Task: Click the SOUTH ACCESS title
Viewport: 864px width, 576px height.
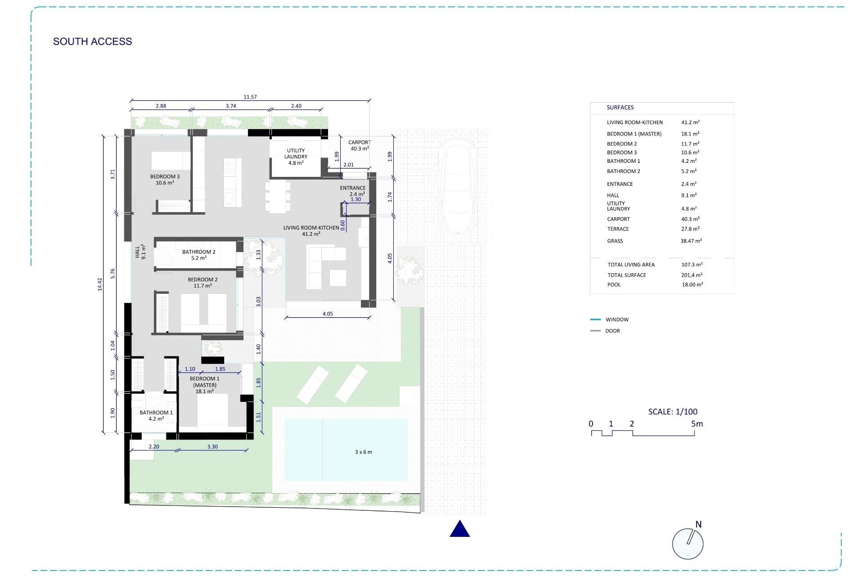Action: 92,41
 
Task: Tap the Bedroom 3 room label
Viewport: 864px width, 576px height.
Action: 165,180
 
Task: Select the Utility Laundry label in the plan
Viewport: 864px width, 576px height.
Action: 296,157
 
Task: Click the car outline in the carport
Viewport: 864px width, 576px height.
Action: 457,185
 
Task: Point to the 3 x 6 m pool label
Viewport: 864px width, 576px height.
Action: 363,452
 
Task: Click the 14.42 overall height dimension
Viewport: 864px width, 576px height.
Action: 100,284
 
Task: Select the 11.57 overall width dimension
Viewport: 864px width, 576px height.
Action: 250,97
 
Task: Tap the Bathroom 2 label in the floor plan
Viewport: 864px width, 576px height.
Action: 198,255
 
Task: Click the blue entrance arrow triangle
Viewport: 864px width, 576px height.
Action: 459,529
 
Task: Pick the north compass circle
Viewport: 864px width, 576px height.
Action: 687,544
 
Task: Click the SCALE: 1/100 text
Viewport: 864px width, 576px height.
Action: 672,411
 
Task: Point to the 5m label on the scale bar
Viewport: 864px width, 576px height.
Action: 697,424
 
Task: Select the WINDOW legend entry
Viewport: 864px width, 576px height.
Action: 616,319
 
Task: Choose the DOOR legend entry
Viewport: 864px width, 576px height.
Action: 612,331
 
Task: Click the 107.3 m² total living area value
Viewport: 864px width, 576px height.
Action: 692,265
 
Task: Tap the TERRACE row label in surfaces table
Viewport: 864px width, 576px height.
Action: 617,229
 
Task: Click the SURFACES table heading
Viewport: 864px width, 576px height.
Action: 620,108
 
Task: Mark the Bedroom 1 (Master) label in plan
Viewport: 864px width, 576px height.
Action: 204,385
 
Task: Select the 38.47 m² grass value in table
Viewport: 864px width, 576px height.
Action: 691,241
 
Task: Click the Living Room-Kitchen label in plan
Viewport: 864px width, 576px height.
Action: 311,230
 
